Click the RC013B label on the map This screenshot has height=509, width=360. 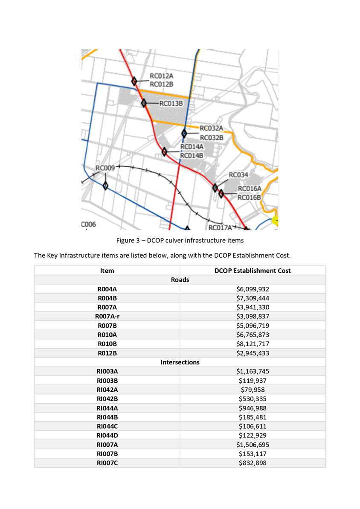[171, 103]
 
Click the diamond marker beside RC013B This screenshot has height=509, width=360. [144, 103]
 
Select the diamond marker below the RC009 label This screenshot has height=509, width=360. [105, 186]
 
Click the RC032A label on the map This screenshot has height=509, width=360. [212, 128]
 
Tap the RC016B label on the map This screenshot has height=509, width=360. [249, 197]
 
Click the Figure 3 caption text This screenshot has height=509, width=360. [180, 241]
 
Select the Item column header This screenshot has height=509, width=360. [107, 270]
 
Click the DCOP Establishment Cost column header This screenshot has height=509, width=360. [253, 270]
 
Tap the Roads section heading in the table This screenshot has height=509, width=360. [180, 280]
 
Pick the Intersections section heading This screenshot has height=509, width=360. [180, 362]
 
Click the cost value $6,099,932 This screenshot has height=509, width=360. [253, 289]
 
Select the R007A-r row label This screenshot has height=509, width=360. [107, 317]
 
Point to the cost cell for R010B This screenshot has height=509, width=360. [253, 344]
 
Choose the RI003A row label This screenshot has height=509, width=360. [107, 372]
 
